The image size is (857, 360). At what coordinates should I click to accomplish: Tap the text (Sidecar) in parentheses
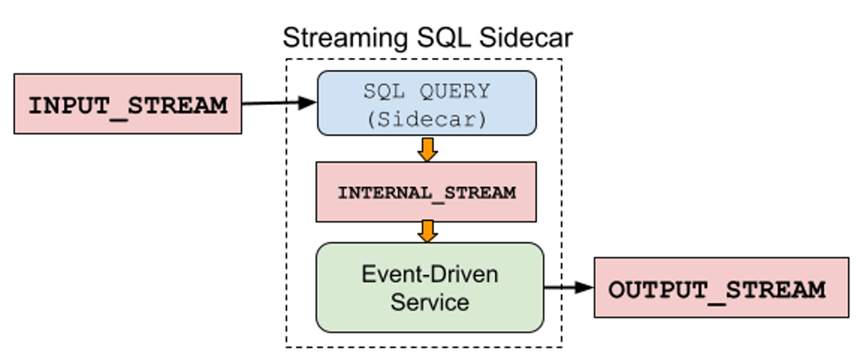pyautogui.click(x=427, y=119)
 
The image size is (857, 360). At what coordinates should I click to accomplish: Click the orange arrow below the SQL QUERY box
pyautogui.click(x=427, y=149)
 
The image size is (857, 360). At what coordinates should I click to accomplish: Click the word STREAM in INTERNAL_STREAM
pyautogui.click(x=480, y=193)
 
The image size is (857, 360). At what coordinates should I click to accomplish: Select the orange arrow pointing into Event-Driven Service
pyautogui.click(x=427, y=231)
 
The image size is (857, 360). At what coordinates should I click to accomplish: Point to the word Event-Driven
pyautogui.click(x=429, y=274)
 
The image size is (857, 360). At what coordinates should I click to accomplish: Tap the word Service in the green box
pyautogui.click(x=429, y=303)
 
